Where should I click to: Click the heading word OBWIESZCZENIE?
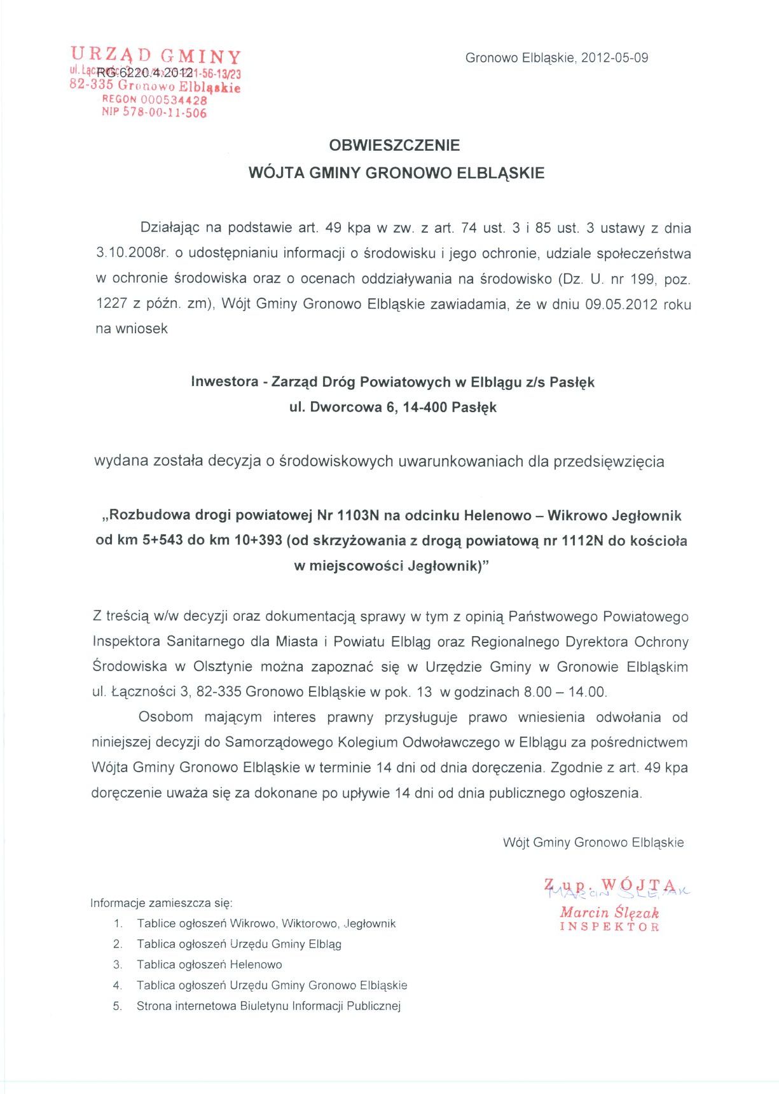coord(394,146)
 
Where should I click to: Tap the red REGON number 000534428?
coord(174,100)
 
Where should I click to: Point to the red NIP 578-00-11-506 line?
coord(155,113)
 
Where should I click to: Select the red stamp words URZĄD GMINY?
coord(156,55)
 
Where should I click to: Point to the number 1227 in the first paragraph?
coord(112,304)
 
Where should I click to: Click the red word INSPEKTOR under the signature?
coord(609,927)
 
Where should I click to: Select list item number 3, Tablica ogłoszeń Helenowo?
coord(209,965)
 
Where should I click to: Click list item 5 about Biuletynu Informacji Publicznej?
coord(268,1006)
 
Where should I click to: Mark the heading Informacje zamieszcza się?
coord(162,903)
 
